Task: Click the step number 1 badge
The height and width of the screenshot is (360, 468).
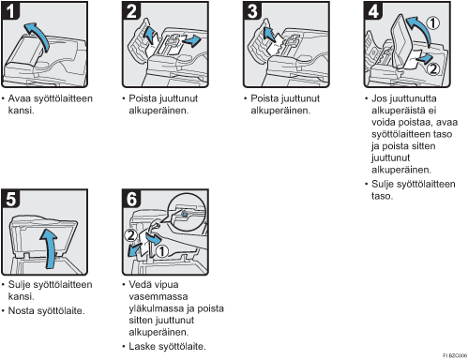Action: point(10,10)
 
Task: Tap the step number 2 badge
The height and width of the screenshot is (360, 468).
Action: point(131,10)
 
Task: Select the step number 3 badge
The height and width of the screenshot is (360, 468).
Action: point(252,10)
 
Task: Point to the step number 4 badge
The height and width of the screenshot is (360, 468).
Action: point(373,10)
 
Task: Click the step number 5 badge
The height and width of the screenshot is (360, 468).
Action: point(10,198)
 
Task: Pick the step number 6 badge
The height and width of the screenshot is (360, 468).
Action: point(131,198)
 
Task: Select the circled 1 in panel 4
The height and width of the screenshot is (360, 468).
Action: point(433,23)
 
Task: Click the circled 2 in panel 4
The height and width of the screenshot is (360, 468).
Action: point(433,68)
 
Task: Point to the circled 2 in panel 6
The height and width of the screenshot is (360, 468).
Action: point(130,235)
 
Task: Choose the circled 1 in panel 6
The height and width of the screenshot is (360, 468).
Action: point(162,251)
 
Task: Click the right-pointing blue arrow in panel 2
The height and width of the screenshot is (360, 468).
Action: point(190,40)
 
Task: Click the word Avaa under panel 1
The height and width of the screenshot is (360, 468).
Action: point(20,98)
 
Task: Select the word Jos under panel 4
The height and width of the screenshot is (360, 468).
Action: point(379,98)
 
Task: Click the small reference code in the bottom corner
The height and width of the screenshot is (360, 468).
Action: point(455,355)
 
